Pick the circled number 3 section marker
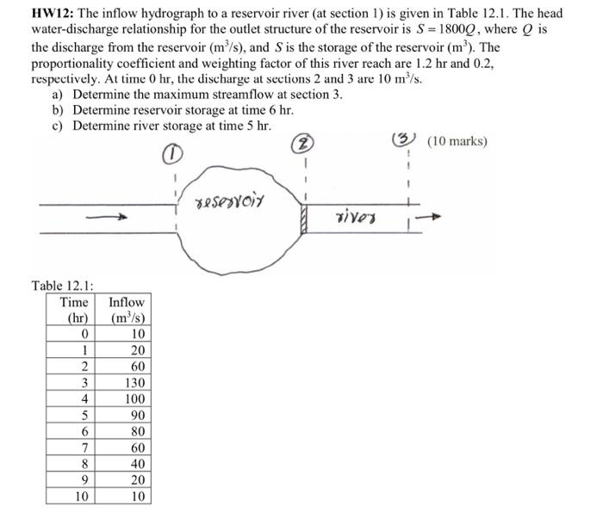[x=406, y=140]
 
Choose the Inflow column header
[x=127, y=310]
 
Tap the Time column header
[x=73, y=310]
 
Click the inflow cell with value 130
[x=134, y=383]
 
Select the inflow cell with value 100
[x=134, y=399]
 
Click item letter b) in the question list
[x=58, y=110]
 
